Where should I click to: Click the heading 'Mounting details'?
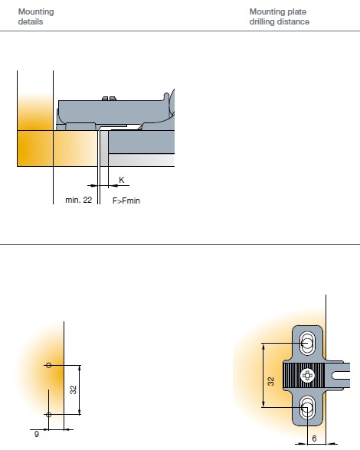[x=36, y=17]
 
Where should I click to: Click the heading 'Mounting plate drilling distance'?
[x=280, y=17]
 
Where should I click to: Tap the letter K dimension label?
[x=122, y=180]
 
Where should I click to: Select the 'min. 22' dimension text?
[x=78, y=200]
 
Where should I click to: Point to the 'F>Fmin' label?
[x=126, y=201]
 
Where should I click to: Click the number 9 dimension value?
[x=37, y=434]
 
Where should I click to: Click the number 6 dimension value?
[x=314, y=439]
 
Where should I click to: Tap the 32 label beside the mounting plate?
[x=270, y=381]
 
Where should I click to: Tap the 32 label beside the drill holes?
[x=74, y=390]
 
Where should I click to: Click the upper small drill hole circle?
[x=48, y=365]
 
